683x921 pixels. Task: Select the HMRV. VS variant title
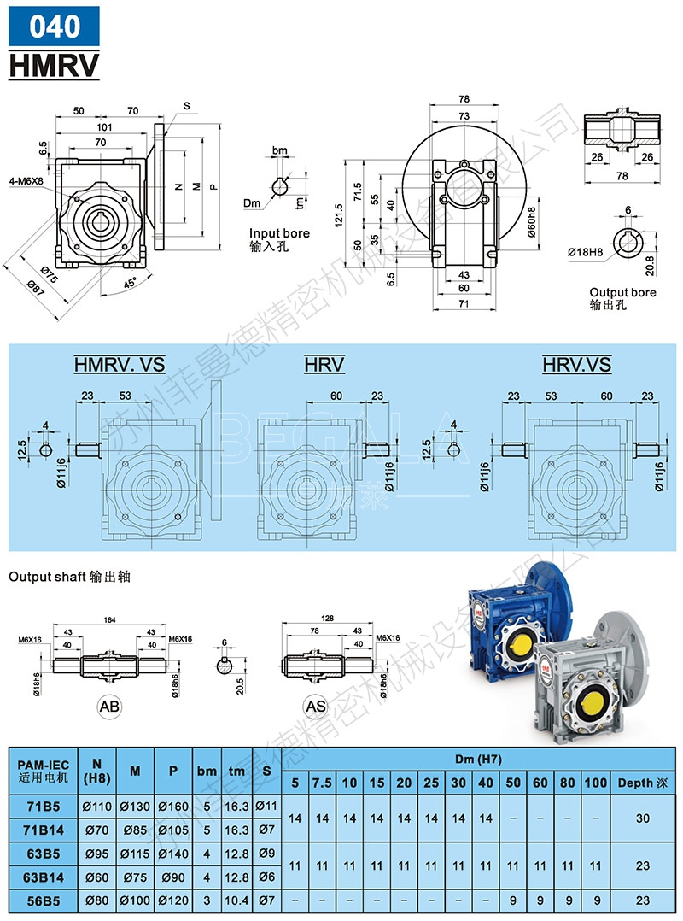[120, 366]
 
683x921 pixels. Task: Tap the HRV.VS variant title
[577, 366]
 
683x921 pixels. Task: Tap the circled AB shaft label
[109, 707]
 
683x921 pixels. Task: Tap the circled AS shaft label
[316, 707]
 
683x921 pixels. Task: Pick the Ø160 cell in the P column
[172, 806]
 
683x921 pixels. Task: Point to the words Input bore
[279, 233]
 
